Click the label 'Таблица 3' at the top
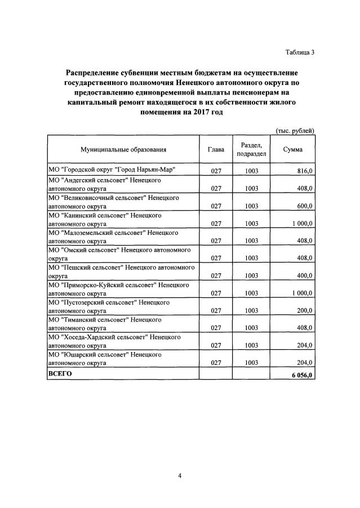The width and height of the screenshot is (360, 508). click(x=299, y=52)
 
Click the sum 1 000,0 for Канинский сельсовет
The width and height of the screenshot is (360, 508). click(x=301, y=223)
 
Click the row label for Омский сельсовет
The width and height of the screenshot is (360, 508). click(x=120, y=253)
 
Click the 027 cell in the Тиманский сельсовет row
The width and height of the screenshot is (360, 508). click(x=215, y=328)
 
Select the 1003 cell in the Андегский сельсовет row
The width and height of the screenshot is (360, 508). click(x=252, y=188)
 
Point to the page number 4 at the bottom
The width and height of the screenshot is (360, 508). click(x=180, y=476)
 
